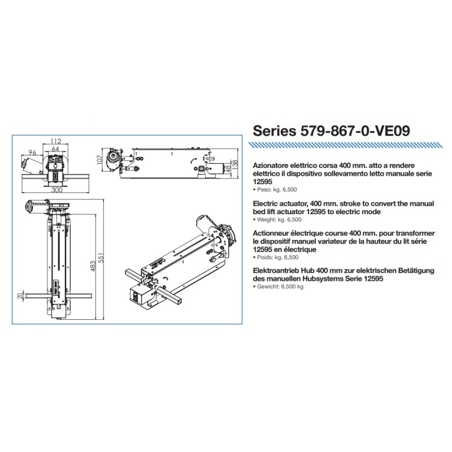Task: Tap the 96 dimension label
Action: click(32, 152)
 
